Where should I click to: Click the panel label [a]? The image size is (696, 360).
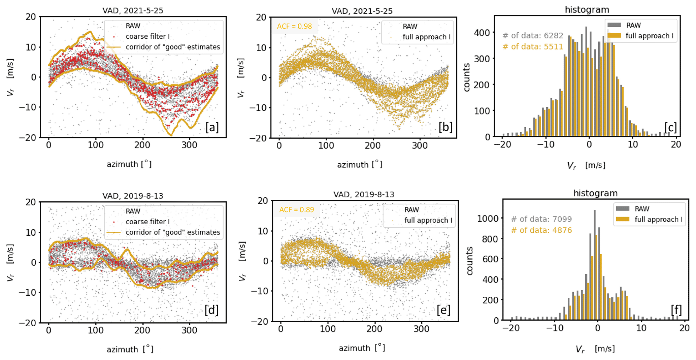pyautogui.click(x=212, y=127)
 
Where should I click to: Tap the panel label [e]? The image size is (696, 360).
pyautogui.click(x=443, y=310)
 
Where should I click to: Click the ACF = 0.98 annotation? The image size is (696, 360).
pyautogui.click(x=294, y=26)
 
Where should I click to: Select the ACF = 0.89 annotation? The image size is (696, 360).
pyautogui.click(x=296, y=210)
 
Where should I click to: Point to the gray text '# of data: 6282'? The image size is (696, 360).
pyautogui.click(x=532, y=35)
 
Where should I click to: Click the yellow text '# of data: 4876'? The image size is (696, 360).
pyautogui.click(x=541, y=230)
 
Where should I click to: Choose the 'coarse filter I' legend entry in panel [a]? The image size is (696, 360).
pyautogui.click(x=147, y=36)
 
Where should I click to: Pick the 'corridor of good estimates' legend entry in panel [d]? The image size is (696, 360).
pyautogui.click(x=172, y=232)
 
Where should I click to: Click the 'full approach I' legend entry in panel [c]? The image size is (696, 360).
pyautogui.click(x=649, y=36)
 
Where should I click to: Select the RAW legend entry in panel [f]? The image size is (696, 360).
pyautogui.click(x=642, y=209)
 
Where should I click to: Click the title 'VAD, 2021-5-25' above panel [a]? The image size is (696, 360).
pyautogui.click(x=133, y=10)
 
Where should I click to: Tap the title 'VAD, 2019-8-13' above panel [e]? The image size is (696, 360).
pyautogui.click(x=364, y=194)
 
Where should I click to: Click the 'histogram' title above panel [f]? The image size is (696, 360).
pyautogui.click(x=595, y=193)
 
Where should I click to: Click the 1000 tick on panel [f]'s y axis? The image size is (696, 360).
pyautogui.click(x=488, y=219)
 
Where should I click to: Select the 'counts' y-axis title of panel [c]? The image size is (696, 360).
pyautogui.click(x=466, y=77)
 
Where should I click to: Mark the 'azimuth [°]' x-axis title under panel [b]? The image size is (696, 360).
pyautogui.click(x=359, y=165)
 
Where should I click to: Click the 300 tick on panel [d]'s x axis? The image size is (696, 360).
pyautogui.click(x=189, y=330)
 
